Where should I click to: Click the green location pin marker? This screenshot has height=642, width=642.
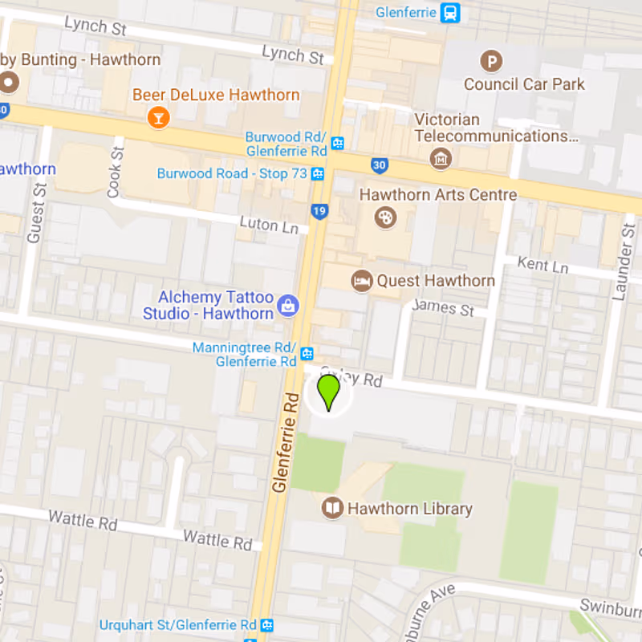pos(328,392)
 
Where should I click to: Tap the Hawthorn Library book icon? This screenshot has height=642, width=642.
pos(332,508)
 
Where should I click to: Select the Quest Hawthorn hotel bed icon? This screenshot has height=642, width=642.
pos(362,281)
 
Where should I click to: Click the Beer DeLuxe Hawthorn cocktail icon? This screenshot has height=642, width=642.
pos(159,118)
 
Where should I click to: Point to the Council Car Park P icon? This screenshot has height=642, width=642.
pos(490,60)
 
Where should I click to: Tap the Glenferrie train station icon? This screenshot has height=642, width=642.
pos(451,13)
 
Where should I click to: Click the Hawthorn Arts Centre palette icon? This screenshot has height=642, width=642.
pos(386,217)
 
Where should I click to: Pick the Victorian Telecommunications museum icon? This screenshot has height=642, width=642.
pos(441,159)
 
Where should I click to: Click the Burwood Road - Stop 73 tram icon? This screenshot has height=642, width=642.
pos(319,173)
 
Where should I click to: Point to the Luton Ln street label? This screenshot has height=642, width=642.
pos(269,224)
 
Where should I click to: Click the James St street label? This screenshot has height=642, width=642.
pos(442,307)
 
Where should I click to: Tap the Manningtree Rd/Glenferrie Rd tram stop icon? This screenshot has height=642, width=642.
pos(307,354)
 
